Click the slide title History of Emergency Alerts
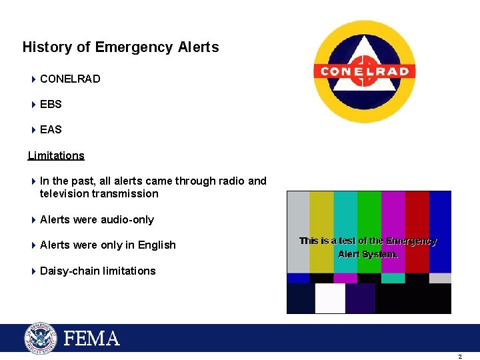pyautogui.click(x=121, y=47)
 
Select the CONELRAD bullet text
pyautogui.click(x=70, y=79)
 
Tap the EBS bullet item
pyautogui.click(x=51, y=104)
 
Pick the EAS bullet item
pyautogui.click(x=51, y=129)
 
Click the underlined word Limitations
pyautogui.click(x=56, y=155)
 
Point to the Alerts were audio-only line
pyautogui.click(x=97, y=219)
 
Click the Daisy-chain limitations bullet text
pyautogui.click(x=97, y=271)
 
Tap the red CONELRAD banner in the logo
pyautogui.click(x=365, y=71)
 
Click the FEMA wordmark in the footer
pyautogui.click(x=91, y=339)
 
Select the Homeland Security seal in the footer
pyautogui.click(x=41, y=338)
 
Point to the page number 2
pyautogui.click(x=459, y=357)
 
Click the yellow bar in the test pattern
pyautogui.click(x=321, y=213)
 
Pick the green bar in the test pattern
pyautogui.click(x=369, y=213)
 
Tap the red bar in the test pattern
pyautogui.click(x=417, y=213)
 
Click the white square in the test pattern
pyautogui.click(x=330, y=298)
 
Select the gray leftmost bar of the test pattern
pyautogui.click(x=298, y=213)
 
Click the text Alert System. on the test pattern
pyautogui.click(x=368, y=254)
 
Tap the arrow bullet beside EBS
pyautogui.click(x=33, y=104)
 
